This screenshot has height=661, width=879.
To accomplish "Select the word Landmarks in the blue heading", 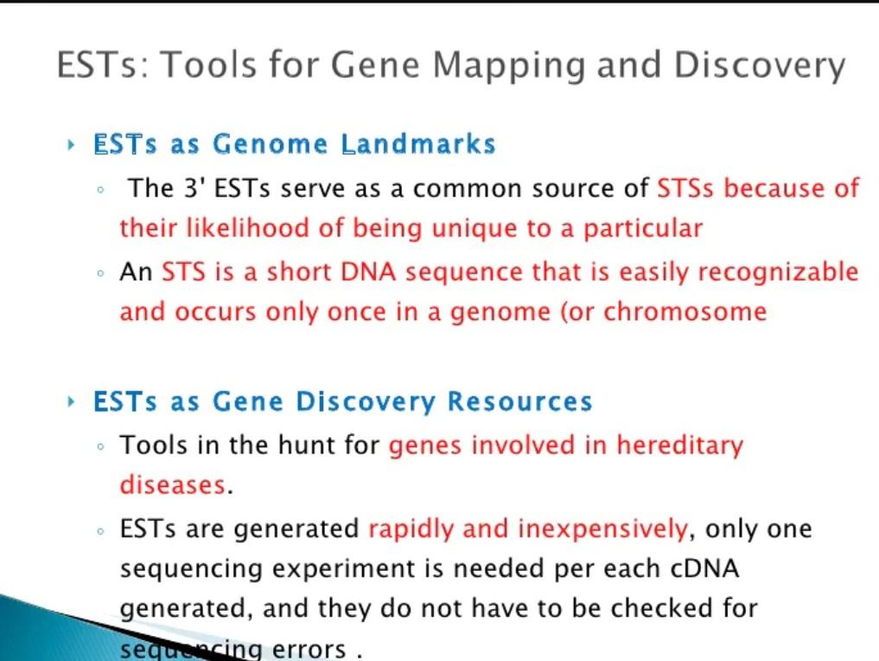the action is [x=419, y=144].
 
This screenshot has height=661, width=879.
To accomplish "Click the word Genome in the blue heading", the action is [x=270, y=144].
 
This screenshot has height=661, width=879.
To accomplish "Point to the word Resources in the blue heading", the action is [x=519, y=401].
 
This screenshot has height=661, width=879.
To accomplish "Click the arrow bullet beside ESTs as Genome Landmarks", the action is [x=70, y=145].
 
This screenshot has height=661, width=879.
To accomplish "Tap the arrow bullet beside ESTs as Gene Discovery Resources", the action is [x=70, y=401].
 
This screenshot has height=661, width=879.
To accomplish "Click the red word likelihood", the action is [x=247, y=228].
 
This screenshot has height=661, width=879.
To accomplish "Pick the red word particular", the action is [x=643, y=229].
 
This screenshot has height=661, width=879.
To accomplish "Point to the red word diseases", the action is [x=173, y=485].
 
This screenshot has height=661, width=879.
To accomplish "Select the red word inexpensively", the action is [x=602, y=529].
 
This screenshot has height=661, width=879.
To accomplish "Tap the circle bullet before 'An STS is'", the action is [x=100, y=273].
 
